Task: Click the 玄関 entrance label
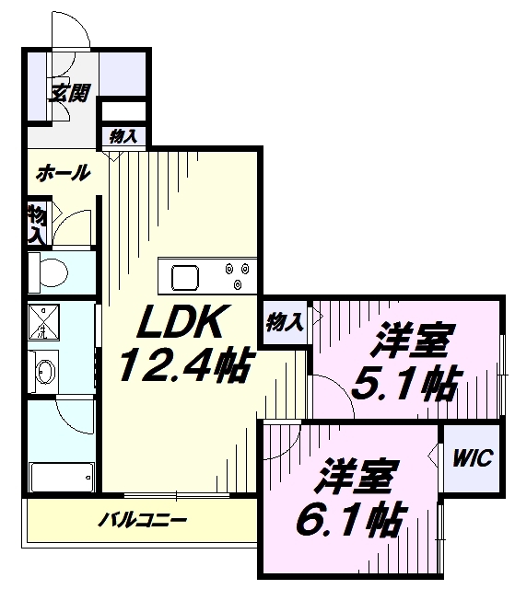(x=70, y=93)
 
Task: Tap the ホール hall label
(x=64, y=173)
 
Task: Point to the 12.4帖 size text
(x=184, y=364)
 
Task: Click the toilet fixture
(x=48, y=271)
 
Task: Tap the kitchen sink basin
(x=185, y=278)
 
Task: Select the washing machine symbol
(x=43, y=322)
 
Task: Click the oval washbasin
(x=45, y=372)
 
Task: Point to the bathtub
(x=62, y=477)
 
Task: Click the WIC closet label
(x=473, y=458)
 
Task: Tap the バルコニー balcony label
(x=143, y=520)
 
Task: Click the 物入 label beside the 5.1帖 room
(x=285, y=322)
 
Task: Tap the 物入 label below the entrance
(x=123, y=136)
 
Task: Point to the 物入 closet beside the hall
(x=38, y=224)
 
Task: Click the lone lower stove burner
(x=238, y=285)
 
